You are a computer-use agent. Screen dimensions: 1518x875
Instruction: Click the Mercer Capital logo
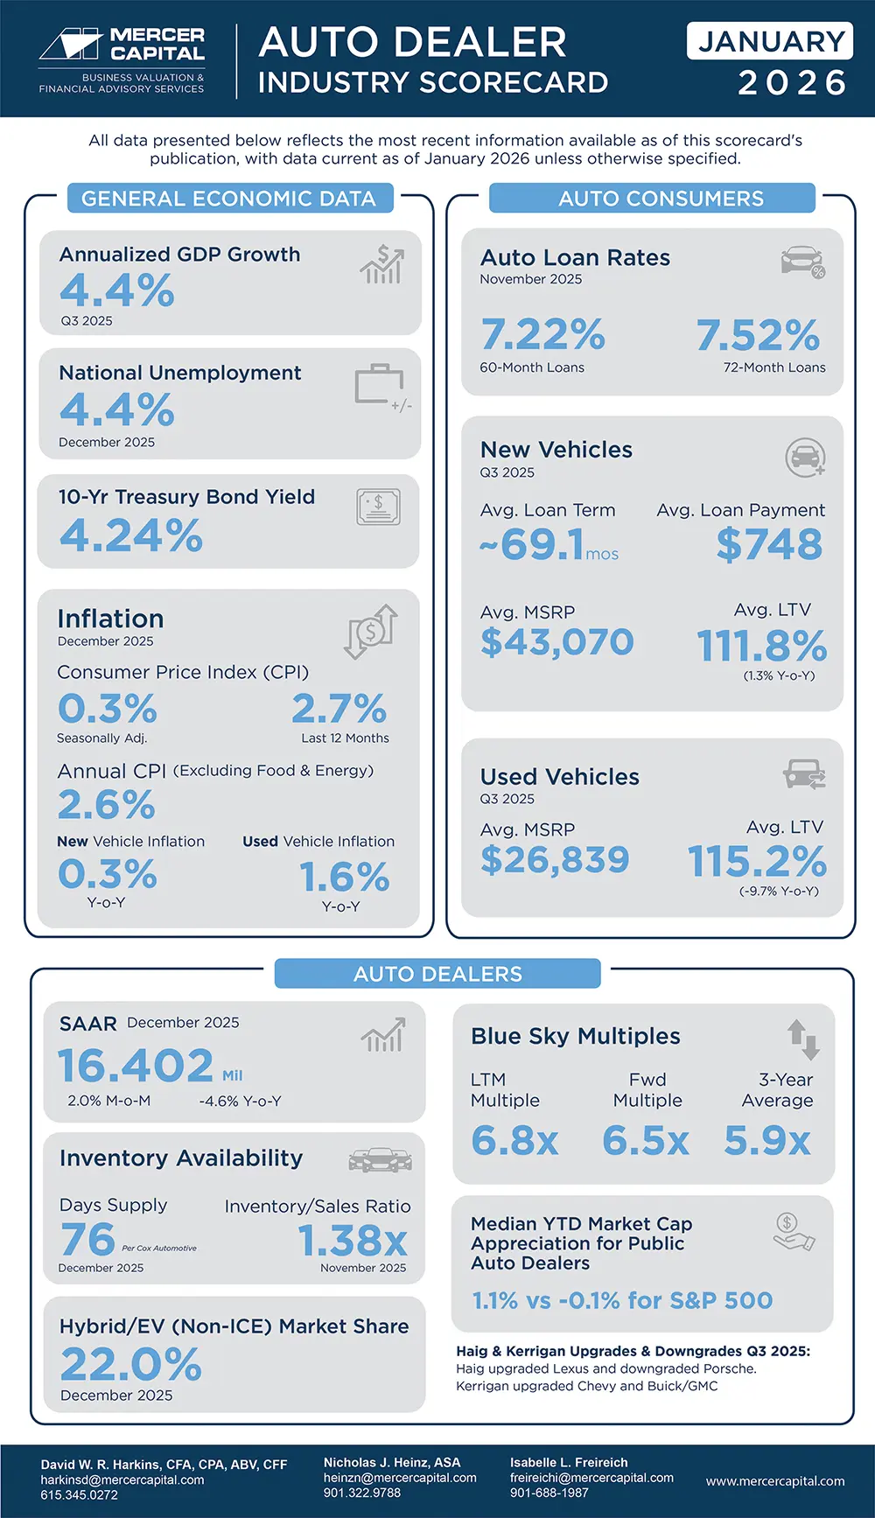[x=122, y=58]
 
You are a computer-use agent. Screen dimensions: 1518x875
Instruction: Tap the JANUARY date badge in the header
[x=770, y=41]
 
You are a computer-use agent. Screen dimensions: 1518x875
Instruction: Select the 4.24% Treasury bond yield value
[x=131, y=535]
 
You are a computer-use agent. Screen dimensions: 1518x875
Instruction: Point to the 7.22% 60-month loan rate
[x=542, y=334]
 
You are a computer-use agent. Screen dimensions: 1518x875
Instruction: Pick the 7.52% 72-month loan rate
[x=758, y=334]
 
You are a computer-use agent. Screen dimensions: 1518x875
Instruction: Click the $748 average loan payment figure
[x=769, y=544]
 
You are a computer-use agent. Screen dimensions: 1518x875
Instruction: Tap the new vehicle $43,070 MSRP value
[x=556, y=642]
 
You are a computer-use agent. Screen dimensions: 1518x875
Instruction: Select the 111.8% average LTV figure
[x=761, y=646]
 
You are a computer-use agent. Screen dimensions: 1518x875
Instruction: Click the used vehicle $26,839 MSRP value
[x=555, y=860]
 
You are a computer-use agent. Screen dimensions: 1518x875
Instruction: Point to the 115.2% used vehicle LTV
[x=757, y=862]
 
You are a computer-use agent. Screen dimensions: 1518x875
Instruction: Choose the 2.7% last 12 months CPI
[x=339, y=709]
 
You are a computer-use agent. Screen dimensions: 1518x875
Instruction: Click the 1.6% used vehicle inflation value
[x=344, y=877]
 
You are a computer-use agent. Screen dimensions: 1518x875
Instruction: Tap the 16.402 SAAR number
[x=136, y=1066]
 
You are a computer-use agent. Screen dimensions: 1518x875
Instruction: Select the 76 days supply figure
[x=87, y=1239]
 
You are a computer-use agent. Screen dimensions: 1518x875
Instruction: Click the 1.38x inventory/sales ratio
[x=353, y=1241]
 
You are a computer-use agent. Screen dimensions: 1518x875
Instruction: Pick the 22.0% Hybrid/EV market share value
[x=131, y=1364]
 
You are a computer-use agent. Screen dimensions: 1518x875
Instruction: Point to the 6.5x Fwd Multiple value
[x=646, y=1141]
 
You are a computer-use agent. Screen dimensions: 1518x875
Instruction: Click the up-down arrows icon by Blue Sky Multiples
[x=802, y=1039]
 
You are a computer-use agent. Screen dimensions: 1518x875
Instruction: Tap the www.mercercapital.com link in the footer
[x=775, y=1481]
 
